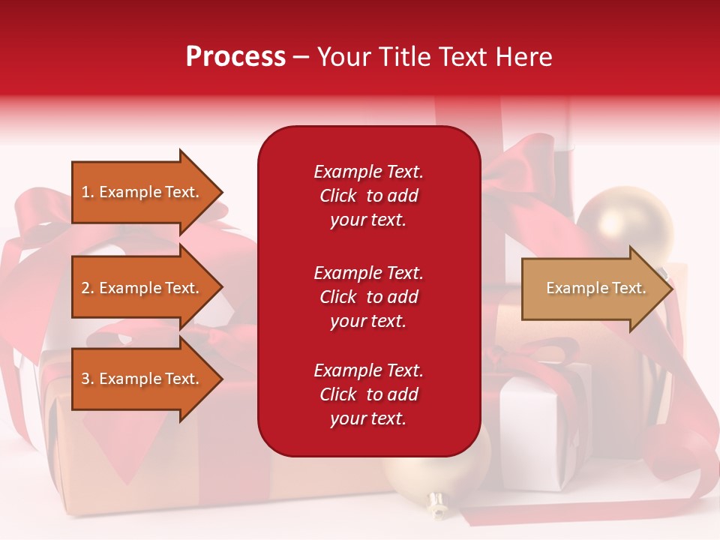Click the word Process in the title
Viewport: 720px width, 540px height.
point(236,58)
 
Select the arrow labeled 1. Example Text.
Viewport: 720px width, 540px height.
point(147,192)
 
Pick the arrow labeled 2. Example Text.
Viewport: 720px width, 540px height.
point(147,287)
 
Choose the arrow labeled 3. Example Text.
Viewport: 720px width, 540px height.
point(147,378)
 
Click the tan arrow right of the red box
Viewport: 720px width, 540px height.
point(598,289)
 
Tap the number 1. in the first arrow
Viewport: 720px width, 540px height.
point(88,192)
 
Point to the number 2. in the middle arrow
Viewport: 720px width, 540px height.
point(88,288)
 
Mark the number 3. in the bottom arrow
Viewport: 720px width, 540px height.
point(88,379)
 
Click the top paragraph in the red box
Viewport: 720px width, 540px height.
point(369,196)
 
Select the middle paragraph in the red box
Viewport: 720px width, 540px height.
point(369,297)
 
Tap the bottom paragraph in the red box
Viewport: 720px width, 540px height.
point(369,394)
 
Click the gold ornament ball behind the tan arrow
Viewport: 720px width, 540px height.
point(625,220)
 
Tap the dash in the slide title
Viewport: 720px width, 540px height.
point(301,58)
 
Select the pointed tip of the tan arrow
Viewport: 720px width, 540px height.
point(673,289)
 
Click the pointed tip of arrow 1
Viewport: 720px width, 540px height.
point(223,192)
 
